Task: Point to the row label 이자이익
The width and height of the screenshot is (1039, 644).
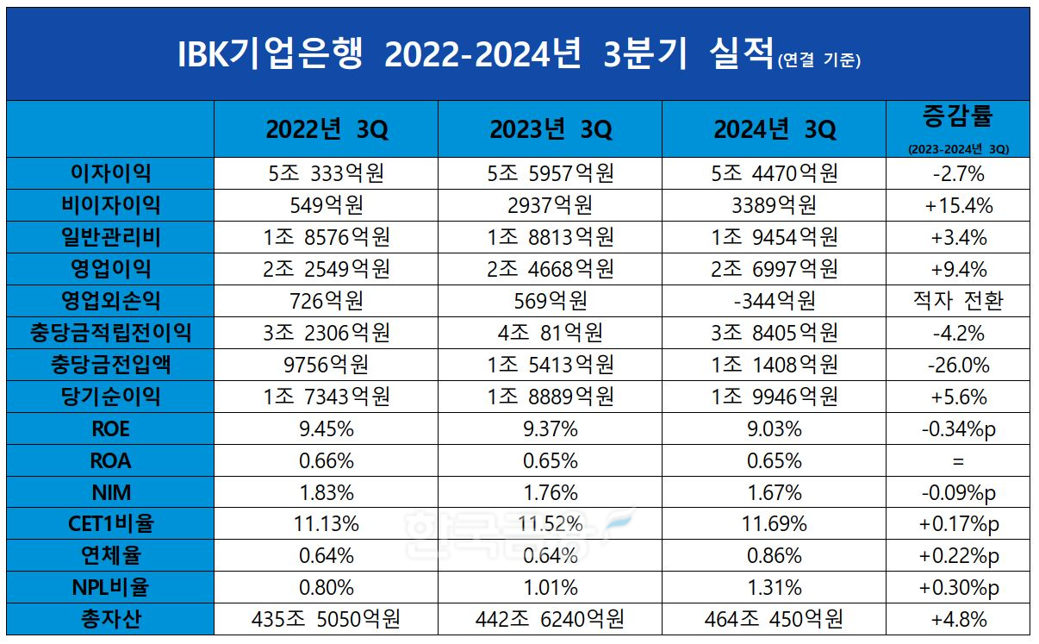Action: tap(110, 173)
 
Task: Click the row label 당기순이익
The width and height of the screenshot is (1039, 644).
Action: tap(110, 397)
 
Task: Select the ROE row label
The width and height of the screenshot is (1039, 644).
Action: tap(110, 428)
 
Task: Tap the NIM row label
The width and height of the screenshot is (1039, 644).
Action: tap(110, 492)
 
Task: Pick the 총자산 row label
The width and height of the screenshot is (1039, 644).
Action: tap(110, 619)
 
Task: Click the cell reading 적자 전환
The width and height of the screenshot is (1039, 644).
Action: tap(958, 301)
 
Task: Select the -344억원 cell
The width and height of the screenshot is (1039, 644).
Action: tap(774, 301)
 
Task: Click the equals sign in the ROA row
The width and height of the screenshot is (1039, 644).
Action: tap(958, 460)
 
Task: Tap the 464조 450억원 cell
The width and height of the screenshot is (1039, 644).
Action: tap(774, 619)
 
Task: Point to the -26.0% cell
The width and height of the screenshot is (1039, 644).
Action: tap(958, 365)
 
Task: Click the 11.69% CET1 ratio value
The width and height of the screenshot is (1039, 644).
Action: tap(774, 524)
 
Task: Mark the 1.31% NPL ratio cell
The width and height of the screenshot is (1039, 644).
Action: tap(774, 588)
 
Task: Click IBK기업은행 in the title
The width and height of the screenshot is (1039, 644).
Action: tap(270, 55)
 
